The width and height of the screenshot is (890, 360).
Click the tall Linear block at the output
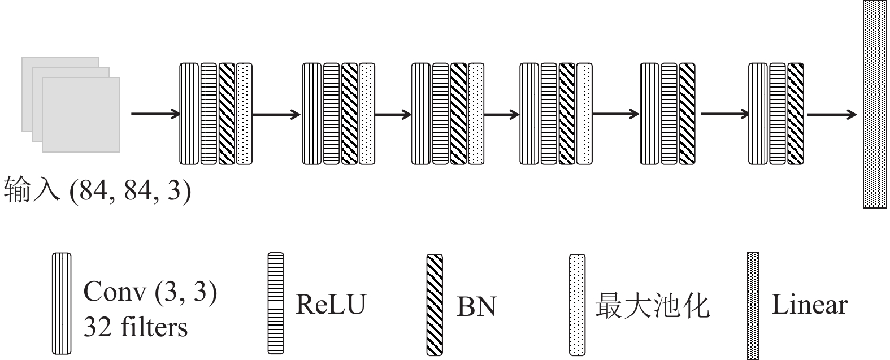point(875,105)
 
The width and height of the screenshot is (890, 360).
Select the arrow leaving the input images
point(155,114)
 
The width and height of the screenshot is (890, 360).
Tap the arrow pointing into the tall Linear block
point(831,115)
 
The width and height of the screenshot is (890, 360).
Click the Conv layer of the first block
point(189,114)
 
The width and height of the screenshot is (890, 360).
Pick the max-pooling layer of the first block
point(244,114)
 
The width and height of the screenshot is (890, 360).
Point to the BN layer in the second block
point(349,114)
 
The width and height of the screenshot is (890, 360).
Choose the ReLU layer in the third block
point(440,114)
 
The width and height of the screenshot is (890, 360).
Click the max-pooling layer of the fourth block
point(584,114)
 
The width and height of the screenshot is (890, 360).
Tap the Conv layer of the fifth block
point(649,114)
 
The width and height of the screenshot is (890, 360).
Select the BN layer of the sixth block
point(796,114)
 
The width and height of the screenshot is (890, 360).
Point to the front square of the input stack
point(81,114)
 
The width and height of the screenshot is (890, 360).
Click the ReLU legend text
point(331,304)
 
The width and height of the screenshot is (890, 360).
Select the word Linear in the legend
point(809,305)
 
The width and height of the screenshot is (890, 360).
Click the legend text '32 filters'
point(136,327)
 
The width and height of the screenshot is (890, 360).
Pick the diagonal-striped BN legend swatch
point(435,305)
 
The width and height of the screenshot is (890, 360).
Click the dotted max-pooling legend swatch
point(577,305)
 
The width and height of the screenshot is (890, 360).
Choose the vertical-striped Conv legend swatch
point(62,303)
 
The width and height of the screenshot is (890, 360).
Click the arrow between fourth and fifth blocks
point(616,114)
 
